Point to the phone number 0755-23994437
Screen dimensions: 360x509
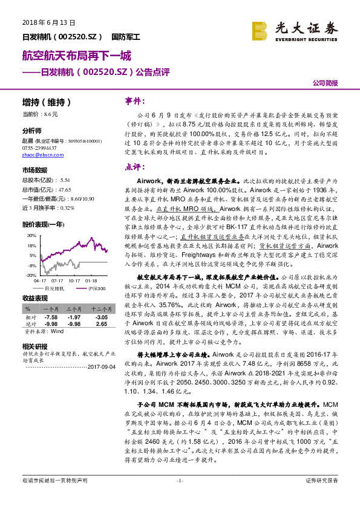[x=39, y=148]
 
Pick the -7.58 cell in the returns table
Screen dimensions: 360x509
[x=51, y=317]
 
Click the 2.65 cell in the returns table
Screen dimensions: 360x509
[x=101, y=323]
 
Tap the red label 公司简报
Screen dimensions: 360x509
[x=325, y=83]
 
